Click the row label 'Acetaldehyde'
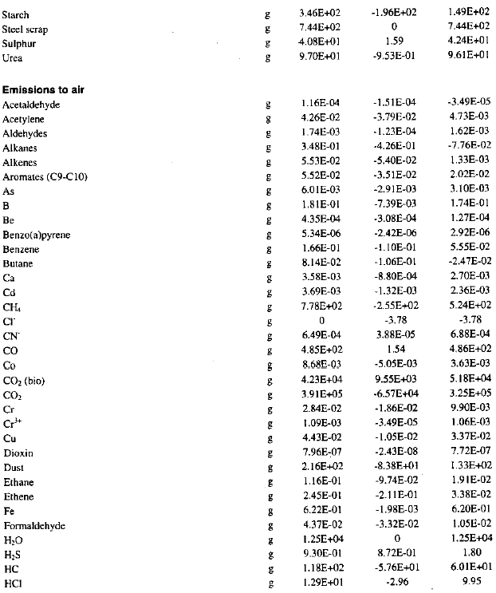point(31,105)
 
